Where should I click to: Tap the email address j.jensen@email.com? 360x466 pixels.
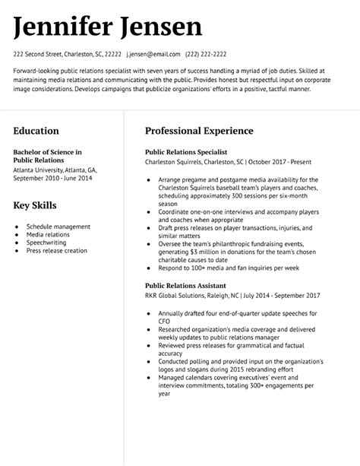click(153, 55)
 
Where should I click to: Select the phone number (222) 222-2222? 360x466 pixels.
click(206, 55)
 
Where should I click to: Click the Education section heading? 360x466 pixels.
click(38, 132)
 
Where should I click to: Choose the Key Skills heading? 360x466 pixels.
click(35, 205)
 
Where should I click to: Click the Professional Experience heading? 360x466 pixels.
click(199, 132)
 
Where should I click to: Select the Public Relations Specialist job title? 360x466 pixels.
click(186, 152)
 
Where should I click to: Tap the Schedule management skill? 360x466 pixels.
click(58, 227)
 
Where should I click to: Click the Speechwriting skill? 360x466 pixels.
click(47, 243)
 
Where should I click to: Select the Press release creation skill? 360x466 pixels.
click(57, 251)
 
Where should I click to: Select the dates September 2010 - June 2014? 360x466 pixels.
click(52, 178)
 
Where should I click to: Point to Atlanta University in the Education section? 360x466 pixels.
click(40, 170)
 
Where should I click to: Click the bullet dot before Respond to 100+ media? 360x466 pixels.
click(149, 268)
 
